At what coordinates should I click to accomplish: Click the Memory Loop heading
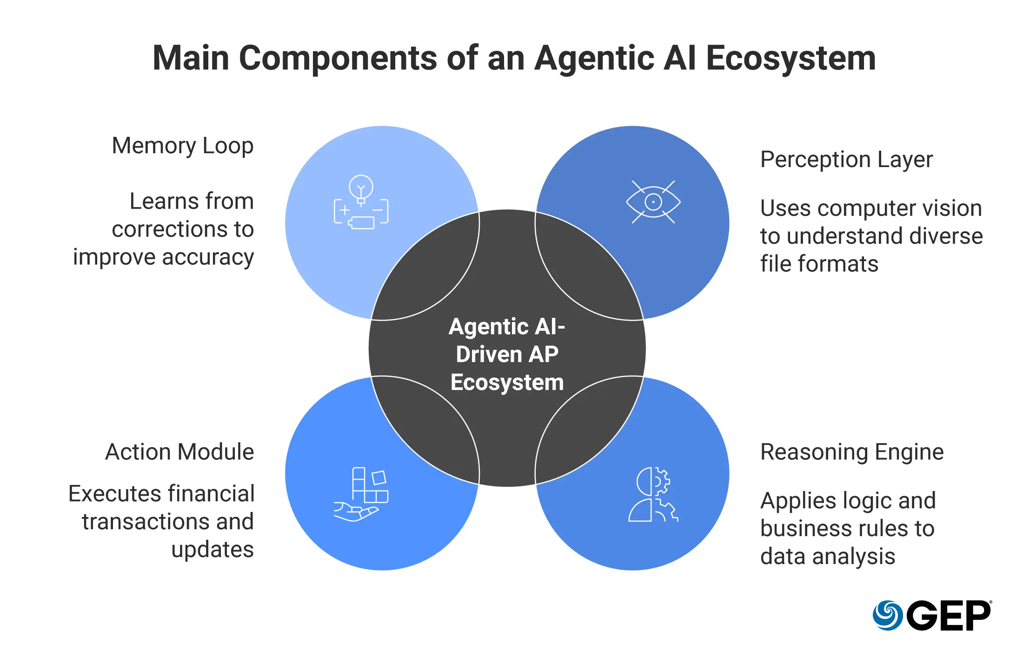tap(183, 146)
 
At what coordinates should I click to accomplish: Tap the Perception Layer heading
tap(846, 160)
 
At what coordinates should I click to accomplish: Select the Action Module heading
tap(179, 452)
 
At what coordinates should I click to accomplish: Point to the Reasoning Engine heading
tap(852, 452)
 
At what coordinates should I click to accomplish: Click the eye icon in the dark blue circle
tap(653, 202)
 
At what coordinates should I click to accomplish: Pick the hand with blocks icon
tap(361, 494)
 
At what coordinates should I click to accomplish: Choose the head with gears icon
tap(653, 494)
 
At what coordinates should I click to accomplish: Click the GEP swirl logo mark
tap(887, 615)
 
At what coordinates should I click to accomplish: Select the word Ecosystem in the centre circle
tap(507, 383)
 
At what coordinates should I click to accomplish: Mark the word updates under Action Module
tap(213, 550)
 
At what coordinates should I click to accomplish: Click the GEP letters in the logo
tap(949, 615)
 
